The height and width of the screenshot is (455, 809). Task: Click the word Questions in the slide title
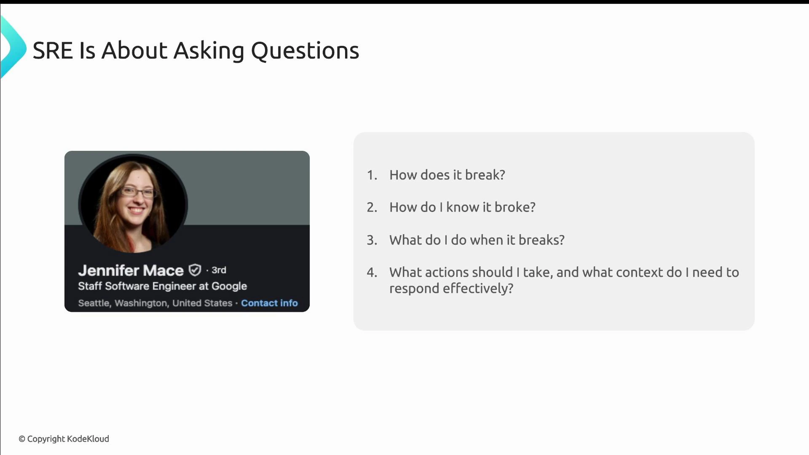click(305, 51)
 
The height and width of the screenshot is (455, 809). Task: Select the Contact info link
click(269, 303)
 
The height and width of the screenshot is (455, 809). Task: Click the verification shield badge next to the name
click(195, 270)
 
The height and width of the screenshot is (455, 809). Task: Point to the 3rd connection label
click(219, 270)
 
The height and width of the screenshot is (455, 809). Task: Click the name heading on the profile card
click(131, 270)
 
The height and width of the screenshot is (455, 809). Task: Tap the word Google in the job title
click(229, 286)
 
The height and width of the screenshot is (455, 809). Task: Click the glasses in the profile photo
click(138, 193)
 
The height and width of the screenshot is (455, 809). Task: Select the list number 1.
click(371, 175)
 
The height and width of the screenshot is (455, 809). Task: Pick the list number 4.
click(371, 272)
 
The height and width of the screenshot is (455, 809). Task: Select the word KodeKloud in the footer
click(88, 439)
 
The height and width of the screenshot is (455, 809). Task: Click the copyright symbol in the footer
click(22, 439)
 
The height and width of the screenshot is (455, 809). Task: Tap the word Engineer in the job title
click(174, 286)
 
